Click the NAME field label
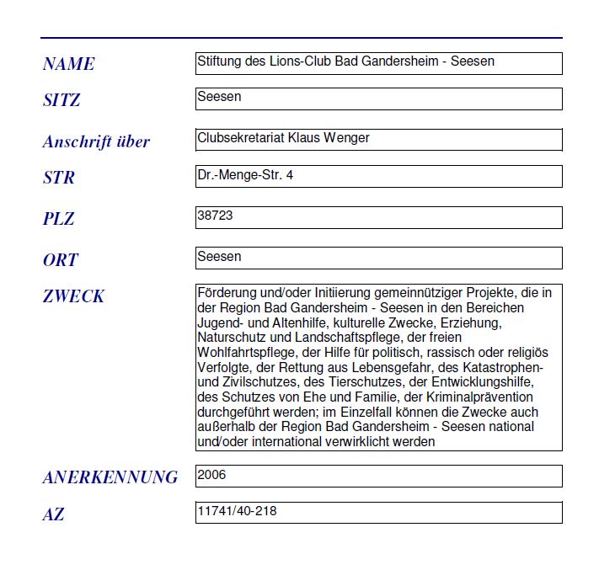[68, 64]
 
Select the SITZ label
[61, 100]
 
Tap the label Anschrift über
[96, 141]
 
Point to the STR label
[59, 178]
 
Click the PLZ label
[59, 219]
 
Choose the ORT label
[61, 260]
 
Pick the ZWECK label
[73, 296]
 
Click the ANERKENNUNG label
[110, 477]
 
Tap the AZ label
[53, 514]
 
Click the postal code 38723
[215, 216]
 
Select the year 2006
[211, 475]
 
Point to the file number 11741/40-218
[237, 511]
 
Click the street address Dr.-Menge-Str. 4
[245, 175]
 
